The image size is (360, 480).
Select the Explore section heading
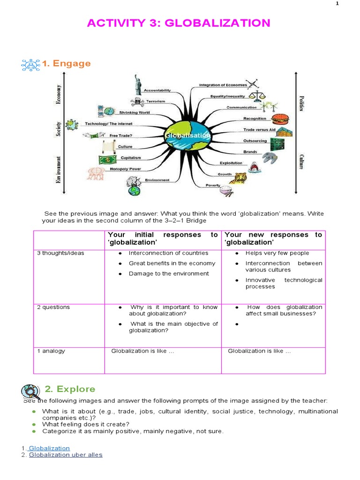(x=70, y=389)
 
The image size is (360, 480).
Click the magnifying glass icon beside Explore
(x=30, y=390)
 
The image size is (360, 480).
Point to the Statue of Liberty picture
(x=138, y=82)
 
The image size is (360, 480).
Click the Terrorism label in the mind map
(x=155, y=101)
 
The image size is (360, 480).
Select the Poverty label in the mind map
(x=213, y=185)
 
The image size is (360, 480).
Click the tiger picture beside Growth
(x=241, y=177)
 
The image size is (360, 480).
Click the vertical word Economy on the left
(x=59, y=95)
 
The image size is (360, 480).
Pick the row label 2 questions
(x=53, y=307)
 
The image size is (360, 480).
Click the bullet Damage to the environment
(x=169, y=273)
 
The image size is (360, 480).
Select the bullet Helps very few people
(x=277, y=253)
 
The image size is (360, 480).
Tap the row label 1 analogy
(x=51, y=351)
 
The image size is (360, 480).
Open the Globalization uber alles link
(x=66, y=455)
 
